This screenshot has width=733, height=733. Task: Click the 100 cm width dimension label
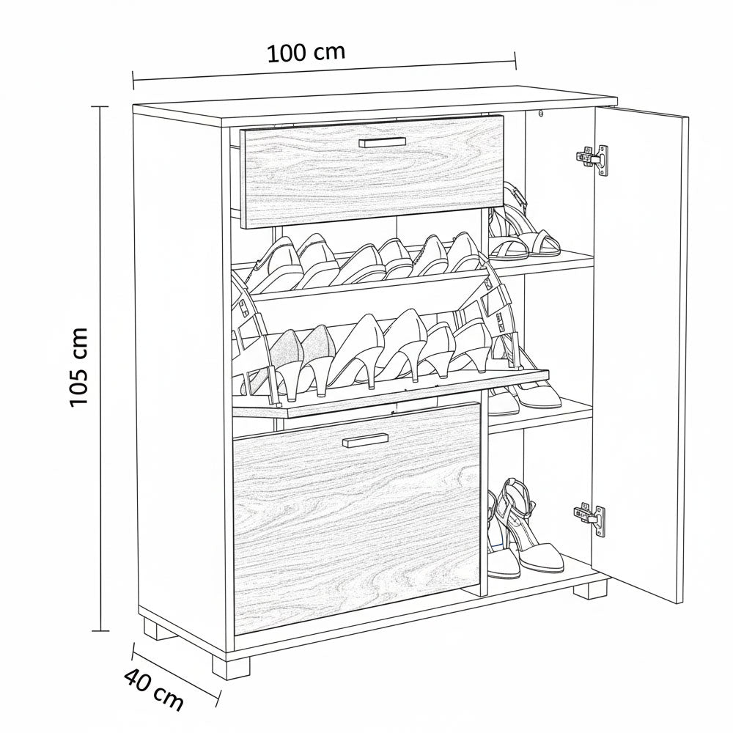[306, 52]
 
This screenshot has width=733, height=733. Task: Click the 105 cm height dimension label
[78, 367]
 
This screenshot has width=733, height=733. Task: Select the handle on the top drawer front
[383, 142]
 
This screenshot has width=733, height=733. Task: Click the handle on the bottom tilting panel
[365, 439]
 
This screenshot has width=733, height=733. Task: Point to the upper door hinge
[592, 159]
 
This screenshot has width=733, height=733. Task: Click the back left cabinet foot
[159, 628]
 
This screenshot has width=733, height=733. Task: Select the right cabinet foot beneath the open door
[592, 588]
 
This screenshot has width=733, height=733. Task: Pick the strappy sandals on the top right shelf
[523, 223]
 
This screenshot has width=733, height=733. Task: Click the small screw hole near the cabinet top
[542, 113]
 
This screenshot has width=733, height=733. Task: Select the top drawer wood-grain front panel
[372, 171]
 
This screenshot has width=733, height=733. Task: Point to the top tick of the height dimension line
[100, 107]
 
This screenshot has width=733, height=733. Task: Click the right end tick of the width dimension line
[515, 60]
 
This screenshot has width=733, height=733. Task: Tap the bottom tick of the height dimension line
[100, 631]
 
